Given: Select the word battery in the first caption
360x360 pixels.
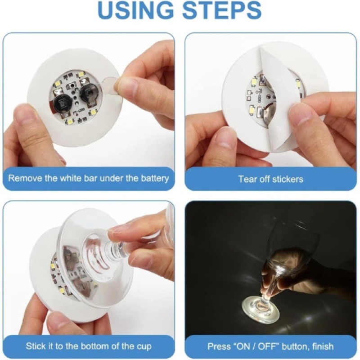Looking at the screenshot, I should (x=154, y=178).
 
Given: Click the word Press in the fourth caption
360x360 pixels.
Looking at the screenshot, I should (x=218, y=346).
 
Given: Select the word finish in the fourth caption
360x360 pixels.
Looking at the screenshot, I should (x=321, y=346).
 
